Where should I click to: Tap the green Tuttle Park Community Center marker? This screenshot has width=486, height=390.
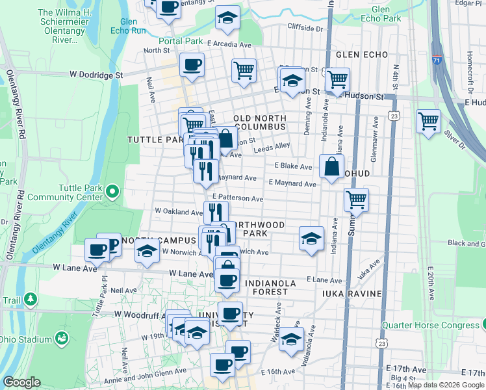tap(111, 192)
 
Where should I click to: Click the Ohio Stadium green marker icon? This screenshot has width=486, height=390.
tap(62, 338)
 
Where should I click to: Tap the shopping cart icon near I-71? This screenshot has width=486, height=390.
tap(429, 121)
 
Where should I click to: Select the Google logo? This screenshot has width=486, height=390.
tap(21, 382)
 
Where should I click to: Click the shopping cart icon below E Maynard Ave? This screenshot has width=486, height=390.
tap(355, 200)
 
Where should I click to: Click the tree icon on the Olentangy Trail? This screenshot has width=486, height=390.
tap(31, 299)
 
